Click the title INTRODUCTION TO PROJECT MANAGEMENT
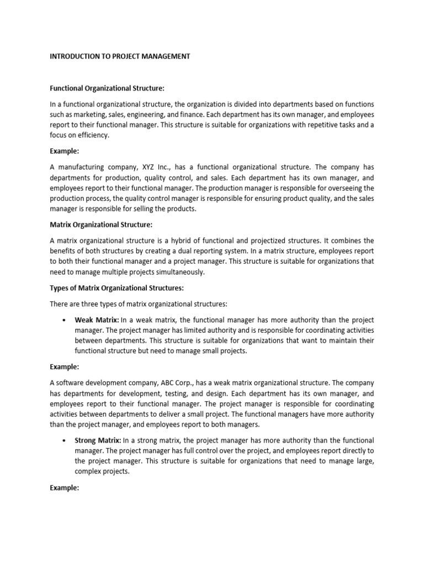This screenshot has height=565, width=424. click(x=120, y=56)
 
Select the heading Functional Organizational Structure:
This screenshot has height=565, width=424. click(x=107, y=88)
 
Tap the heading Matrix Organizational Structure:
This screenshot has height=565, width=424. click(x=101, y=225)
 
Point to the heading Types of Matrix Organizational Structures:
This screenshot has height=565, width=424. click(x=116, y=288)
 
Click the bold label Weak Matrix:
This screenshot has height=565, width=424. click(x=97, y=320)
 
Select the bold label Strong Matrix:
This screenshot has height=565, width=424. click(x=98, y=440)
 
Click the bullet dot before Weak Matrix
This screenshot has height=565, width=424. click(x=65, y=321)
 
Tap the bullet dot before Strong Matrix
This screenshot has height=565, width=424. click(x=65, y=441)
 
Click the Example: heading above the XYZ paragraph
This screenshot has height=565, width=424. click(x=65, y=151)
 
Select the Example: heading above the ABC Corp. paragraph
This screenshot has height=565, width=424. click(x=65, y=367)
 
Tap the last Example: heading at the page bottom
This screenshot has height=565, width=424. click(x=65, y=488)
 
